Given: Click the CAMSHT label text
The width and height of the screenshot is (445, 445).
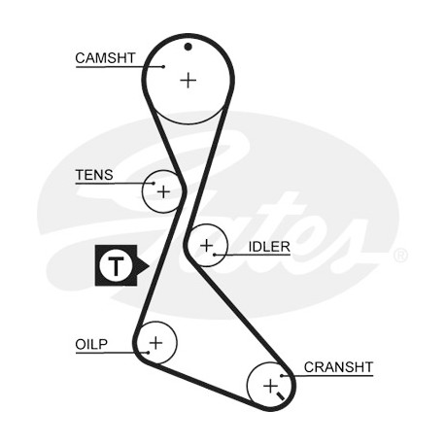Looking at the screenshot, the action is pyautogui.click(x=105, y=58).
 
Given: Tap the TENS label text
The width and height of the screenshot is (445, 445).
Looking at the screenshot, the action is pyautogui.click(x=94, y=175).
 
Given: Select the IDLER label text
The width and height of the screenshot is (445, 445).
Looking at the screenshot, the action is pyautogui.click(x=269, y=247).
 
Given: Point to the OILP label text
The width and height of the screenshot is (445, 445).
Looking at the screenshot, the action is pyautogui.click(x=91, y=344).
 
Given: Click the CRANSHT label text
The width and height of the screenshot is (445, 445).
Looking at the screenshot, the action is pyautogui.click(x=338, y=367).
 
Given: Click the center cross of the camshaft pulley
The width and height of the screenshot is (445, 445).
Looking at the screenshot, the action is pyautogui.click(x=188, y=80).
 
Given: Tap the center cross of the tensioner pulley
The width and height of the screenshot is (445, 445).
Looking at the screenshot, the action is pyautogui.click(x=163, y=191).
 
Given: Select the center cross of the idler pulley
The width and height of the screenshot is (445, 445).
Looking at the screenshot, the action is pyautogui.click(x=207, y=246).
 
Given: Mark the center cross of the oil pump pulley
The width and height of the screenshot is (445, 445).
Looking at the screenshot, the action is pyautogui.click(x=155, y=342).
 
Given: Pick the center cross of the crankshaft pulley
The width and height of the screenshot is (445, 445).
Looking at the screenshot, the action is pyautogui.click(x=270, y=386).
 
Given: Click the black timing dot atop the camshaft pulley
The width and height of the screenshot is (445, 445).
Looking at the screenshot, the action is pyautogui.click(x=188, y=47).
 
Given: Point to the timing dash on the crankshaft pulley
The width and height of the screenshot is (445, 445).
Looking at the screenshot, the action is pyautogui.click(x=280, y=395).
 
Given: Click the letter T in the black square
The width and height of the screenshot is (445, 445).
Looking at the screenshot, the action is pyautogui.click(x=116, y=265).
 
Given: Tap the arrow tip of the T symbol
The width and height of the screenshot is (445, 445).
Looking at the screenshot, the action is pyautogui.click(x=149, y=266).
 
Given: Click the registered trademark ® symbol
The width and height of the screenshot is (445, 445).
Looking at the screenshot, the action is pyautogui.click(x=400, y=256).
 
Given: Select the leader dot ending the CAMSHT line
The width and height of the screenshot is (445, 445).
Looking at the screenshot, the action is pyautogui.click(x=164, y=67).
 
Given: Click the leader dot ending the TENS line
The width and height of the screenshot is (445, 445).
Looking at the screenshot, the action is pyautogui.click(x=154, y=184).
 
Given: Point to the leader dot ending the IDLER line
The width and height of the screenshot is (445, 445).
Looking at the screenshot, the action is pyautogui.click(x=215, y=255).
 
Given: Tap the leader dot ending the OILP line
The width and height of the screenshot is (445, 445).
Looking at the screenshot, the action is pyautogui.click(x=148, y=353).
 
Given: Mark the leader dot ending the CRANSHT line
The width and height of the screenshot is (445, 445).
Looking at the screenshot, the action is pyautogui.click(x=282, y=376).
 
